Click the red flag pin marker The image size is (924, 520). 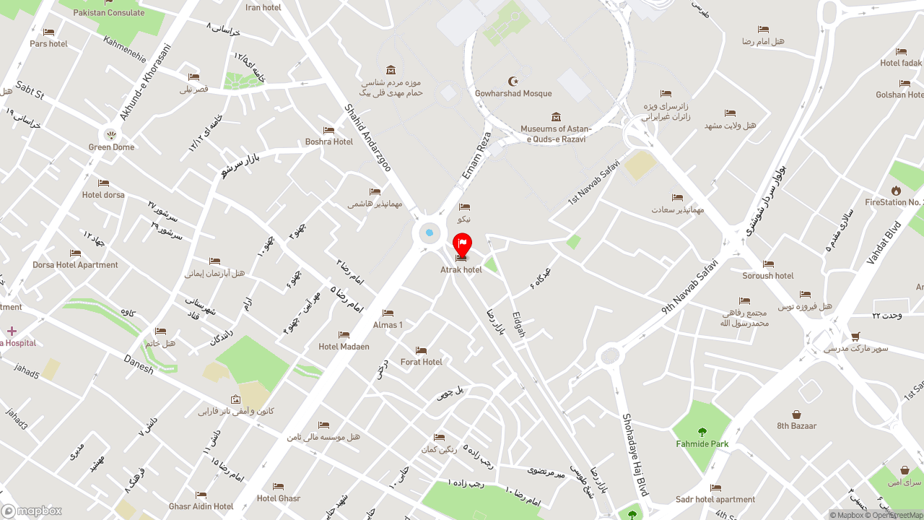click(462, 244)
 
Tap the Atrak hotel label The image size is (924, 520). click(461, 270)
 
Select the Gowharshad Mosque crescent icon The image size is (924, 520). click(513, 81)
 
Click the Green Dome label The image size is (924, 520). click(111, 147)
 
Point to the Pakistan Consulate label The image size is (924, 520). click(108, 13)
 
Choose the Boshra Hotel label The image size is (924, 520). click(329, 142)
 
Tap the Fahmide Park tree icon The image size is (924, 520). click(702, 432)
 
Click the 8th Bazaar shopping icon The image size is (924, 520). click(796, 415)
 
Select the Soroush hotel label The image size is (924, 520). click(768, 276)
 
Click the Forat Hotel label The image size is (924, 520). click(422, 362)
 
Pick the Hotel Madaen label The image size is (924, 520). click(344, 347)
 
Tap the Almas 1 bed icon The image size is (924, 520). click(388, 313)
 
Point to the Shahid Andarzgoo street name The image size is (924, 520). click(367, 138)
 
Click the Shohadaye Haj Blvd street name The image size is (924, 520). click(635, 454)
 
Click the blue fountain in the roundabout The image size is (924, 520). click(430, 233)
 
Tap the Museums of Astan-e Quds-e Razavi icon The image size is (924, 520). click(556, 117)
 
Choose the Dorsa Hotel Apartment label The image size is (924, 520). click(75, 265)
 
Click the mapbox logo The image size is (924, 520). click(32, 511)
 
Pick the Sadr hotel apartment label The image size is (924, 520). click(715, 500)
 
